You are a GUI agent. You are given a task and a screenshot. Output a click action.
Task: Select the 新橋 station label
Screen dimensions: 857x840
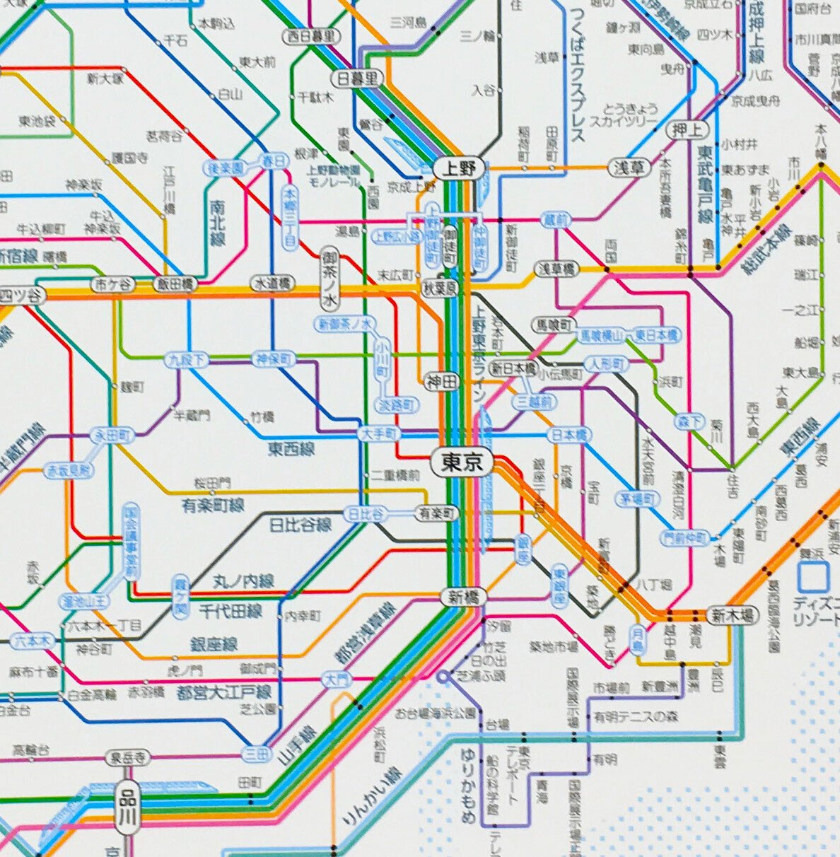pos(464,597)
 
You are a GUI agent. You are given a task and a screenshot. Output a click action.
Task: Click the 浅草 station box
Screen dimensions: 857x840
pos(629,168)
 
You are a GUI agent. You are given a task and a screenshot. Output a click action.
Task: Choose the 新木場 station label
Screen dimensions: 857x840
pos(732,614)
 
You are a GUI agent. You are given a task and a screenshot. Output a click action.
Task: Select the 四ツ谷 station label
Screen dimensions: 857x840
pos(20,294)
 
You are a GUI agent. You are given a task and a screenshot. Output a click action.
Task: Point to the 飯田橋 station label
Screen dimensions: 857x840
pos(175,284)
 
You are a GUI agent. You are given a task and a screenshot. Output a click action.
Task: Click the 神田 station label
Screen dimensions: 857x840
pos(443,382)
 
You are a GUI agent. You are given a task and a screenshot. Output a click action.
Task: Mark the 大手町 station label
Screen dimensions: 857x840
pos(380,433)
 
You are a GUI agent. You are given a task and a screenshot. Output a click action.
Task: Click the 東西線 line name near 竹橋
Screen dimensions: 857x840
pos(291,448)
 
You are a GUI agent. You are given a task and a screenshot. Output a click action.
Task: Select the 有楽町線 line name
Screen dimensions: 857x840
pos(213,505)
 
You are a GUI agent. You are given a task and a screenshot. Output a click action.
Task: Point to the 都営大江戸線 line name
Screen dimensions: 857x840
pos(223,691)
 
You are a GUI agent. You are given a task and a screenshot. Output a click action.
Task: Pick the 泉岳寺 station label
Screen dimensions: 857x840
pos(128,759)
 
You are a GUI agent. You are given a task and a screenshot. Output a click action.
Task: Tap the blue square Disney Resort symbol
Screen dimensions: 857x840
pos(812,576)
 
